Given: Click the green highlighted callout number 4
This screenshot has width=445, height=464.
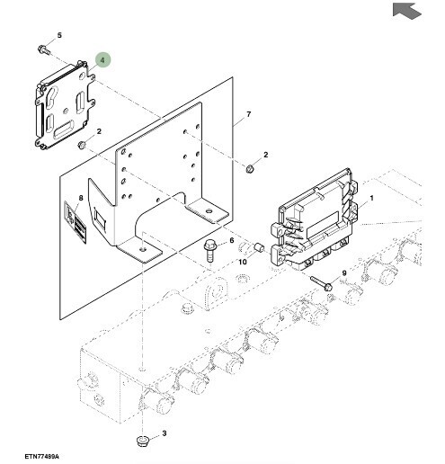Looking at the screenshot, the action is [x=102, y=60].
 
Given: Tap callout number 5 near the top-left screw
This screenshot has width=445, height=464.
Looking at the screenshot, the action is [x=59, y=35].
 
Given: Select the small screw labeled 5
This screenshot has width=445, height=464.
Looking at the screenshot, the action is [x=43, y=49].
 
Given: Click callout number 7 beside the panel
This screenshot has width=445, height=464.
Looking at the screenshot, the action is [x=249, y=114].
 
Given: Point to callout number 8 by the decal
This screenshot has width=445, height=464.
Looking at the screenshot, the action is [x=81, y=198].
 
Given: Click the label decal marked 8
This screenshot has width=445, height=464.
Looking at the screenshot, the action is [x=76, y=221].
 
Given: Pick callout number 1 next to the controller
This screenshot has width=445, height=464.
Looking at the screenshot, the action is [x=371, y=198].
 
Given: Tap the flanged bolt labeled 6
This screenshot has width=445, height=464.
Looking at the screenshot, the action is [x=209, y=251].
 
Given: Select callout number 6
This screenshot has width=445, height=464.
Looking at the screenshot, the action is [x=231, y=240].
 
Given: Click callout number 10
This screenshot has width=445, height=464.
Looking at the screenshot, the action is [x=243, y=262].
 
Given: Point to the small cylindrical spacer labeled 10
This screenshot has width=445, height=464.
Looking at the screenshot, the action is [x=258, y=248].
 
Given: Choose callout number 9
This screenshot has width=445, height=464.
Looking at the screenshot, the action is [x=344, y=273].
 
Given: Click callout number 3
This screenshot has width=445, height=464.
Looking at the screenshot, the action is [x=164, y=433].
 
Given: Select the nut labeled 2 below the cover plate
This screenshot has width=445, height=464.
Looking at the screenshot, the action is [x=82, y=145].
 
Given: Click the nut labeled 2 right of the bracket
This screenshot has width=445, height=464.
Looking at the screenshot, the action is [x=250, y=169].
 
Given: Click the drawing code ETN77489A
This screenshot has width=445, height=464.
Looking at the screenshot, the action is [x=41, y=457].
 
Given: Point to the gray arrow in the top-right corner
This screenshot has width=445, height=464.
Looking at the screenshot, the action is [x=406, y=11].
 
